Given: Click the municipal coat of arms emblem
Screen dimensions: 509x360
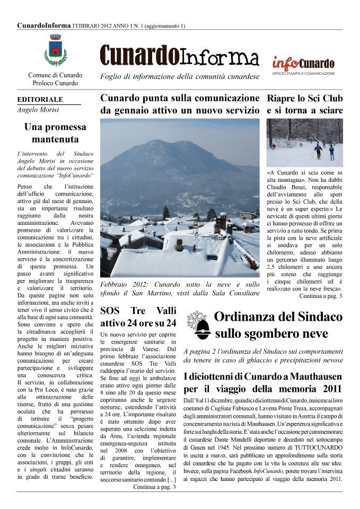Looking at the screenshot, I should [x=55, y=50].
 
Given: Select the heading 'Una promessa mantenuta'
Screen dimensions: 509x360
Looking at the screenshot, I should [x=55, y=133].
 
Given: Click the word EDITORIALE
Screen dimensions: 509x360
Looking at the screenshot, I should [x=40, y=99].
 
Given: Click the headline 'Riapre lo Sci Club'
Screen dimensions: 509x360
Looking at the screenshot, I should [x=304, y=99].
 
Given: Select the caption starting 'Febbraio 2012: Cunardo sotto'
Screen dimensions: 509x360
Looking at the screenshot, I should [x=180, y=288].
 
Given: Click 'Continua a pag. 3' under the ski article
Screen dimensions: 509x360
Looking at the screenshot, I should [x=321, y=296].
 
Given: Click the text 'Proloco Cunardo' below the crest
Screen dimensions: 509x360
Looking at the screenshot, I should [x=55, y=83].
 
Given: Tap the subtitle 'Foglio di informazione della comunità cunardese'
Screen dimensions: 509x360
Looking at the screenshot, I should [x=180, y=77].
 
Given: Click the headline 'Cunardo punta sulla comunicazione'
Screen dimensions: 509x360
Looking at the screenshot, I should [x=180, y=99].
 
